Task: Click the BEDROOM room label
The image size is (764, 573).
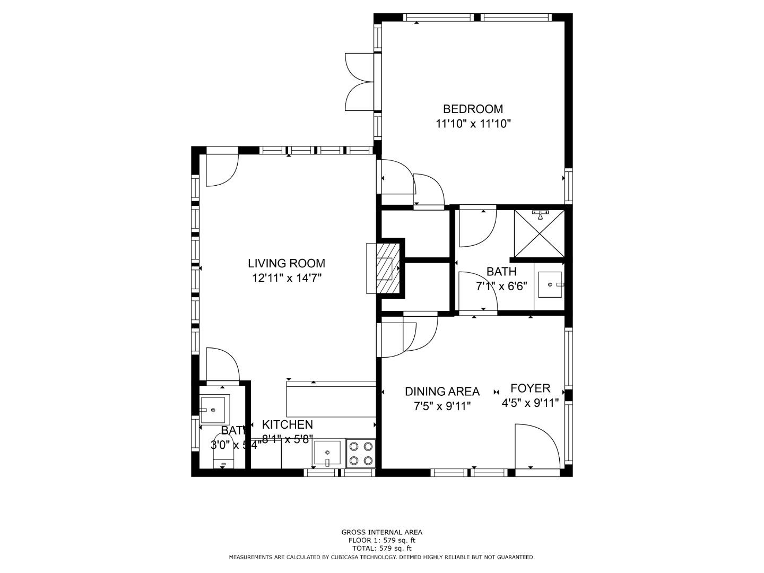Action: [473, 109]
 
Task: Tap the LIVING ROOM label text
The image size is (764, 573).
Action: [286, 263]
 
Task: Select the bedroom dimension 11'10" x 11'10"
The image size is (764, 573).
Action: [473, 124]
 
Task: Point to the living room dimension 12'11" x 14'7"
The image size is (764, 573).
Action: [286, 278]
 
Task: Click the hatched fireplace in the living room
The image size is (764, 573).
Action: [385, 268]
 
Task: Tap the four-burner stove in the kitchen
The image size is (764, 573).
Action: [361, 454]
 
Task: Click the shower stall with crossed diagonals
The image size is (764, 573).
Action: [539, 232]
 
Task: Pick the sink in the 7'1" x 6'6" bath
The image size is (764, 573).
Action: [550, 285]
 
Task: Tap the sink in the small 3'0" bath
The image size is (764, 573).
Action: [213, 410]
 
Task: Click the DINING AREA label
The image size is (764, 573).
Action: [442, 392]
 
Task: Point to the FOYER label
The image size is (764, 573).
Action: [530, 388]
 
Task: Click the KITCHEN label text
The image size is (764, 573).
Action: [287, 424]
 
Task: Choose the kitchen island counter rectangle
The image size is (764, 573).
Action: [331, 399]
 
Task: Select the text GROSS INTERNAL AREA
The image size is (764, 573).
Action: [381, 532]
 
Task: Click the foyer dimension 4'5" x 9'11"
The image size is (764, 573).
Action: [530, 403]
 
